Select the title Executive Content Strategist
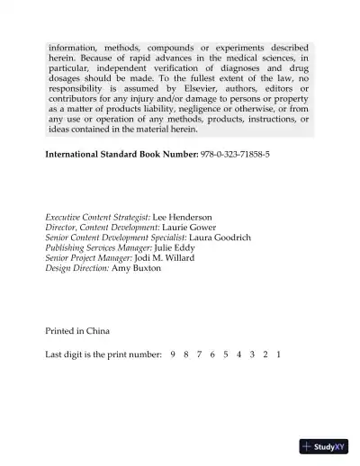click(97, 218)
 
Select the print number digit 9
click(172, 354)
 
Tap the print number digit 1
click(280, 354)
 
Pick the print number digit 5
click(226, 354)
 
